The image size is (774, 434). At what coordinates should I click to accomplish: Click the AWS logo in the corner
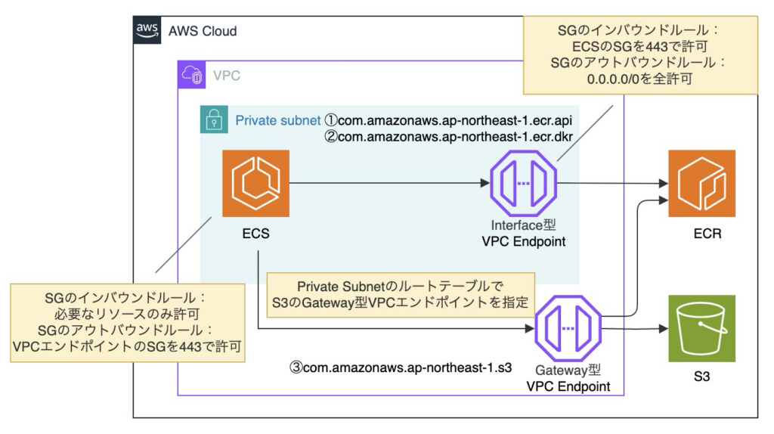147,30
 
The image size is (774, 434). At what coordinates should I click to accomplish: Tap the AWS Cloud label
202,31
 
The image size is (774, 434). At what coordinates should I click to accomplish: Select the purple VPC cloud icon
190,75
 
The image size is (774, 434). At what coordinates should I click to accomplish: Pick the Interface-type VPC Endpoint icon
523,183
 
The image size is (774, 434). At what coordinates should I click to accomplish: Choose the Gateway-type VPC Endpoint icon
568,328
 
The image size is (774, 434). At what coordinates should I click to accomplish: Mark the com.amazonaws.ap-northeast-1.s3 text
401,369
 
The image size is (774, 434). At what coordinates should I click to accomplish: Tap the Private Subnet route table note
401,296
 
